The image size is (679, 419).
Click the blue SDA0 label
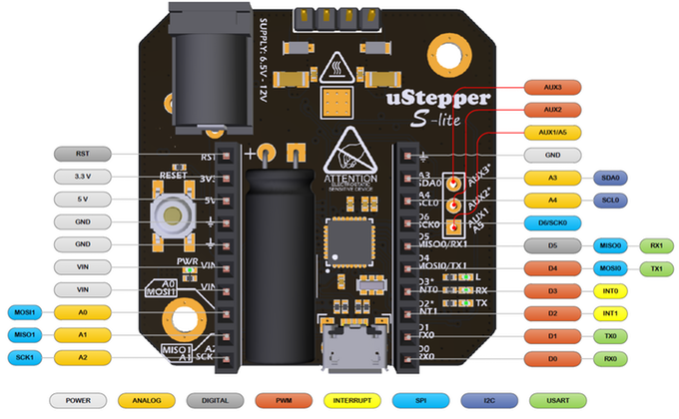pyautogui.click(x=609, y=177)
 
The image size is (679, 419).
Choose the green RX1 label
pyautogui.click(x=656, y=244)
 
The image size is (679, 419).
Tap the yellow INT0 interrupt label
pyautogui.click(x=609, y=290)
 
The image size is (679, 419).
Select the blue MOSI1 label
pyautogui.click(x=28, y=312)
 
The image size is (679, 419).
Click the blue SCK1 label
pyautogui.click(x=28, y=357)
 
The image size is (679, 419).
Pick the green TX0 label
pyautogui.click(x=609, y=335)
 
